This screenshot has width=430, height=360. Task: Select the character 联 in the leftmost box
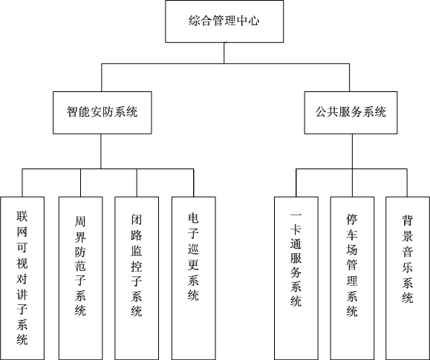pos(22,216)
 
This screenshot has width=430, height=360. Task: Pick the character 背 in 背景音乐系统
pos(407,220)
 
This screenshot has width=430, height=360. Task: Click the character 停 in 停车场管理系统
pos(352,220)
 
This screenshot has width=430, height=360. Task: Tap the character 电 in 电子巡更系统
pos(193,220)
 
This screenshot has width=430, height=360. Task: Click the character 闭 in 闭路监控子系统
pos(136,220)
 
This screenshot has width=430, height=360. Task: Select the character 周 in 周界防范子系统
pos(80,220)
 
